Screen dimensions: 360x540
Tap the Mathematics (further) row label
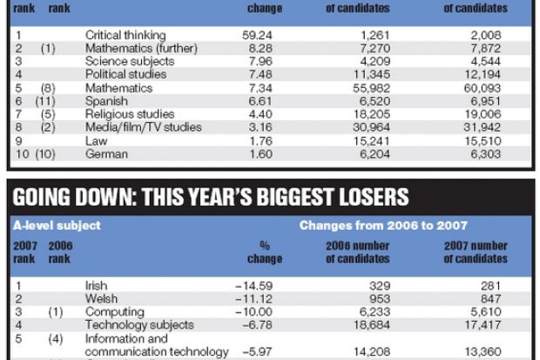[x=142, y=49]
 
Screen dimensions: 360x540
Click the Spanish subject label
[x=105, y=101]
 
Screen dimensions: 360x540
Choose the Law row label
[x=96, y=140]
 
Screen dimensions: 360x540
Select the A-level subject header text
[x=57, y=225]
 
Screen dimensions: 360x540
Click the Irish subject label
[x=96, y=285]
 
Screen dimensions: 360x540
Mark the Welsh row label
[x=100, y=298]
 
